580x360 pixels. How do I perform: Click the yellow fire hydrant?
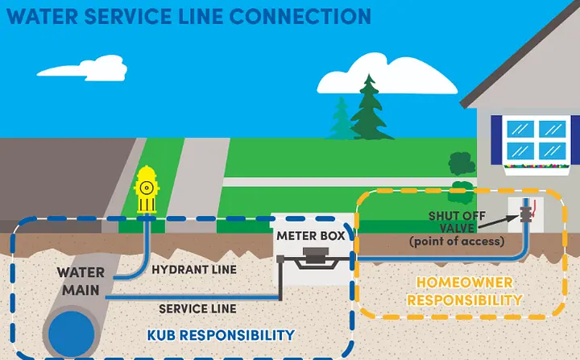(146, 191)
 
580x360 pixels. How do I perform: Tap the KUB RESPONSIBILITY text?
(221, 334)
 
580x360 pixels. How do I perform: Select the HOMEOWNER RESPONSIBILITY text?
(464, 291)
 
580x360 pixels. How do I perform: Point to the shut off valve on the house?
(528, 217)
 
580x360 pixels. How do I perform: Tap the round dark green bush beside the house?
(462, 163)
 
